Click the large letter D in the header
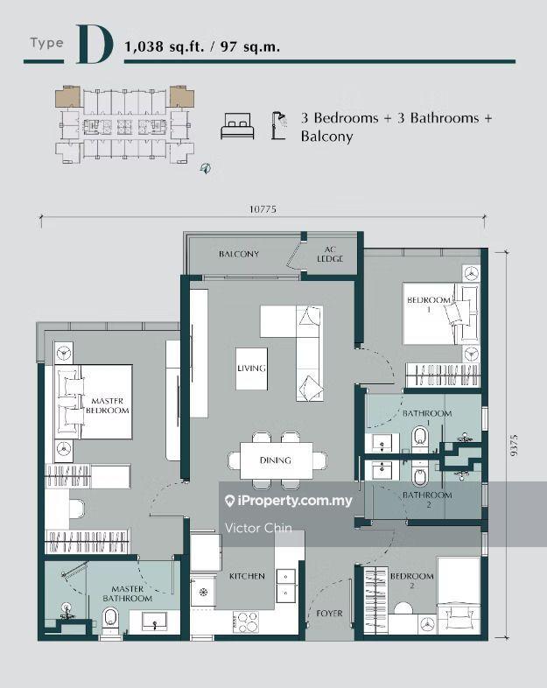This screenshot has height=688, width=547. (x=95, y=45)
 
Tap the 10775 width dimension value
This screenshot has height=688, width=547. (x=263, y=209)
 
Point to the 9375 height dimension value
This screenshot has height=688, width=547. (x=514, y=445)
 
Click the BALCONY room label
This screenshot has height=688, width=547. (x=239, y=254)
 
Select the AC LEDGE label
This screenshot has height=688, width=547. (x=330, y=255)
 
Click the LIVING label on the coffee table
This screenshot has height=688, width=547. (x=251, y=369)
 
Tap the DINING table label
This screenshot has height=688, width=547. (x=276, y=460)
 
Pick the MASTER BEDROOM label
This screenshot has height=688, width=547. (x=108, y=405)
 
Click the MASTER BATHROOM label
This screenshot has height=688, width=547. (x=128, y=593)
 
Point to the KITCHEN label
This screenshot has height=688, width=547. (x=247, y=576)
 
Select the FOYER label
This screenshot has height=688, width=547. (x=329, y=614)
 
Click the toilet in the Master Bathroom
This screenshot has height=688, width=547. (x=110, y=620)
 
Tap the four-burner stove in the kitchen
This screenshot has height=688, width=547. (x=246, y=622)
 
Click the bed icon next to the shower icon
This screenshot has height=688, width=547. (x=237, y=126)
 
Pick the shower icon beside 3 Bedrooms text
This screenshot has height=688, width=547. (x=279, y=125)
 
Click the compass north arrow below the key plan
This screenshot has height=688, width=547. (x=206, y=167)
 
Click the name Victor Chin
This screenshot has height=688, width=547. (x=258, y=528)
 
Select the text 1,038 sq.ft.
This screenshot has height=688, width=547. (x=165, y=46)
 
